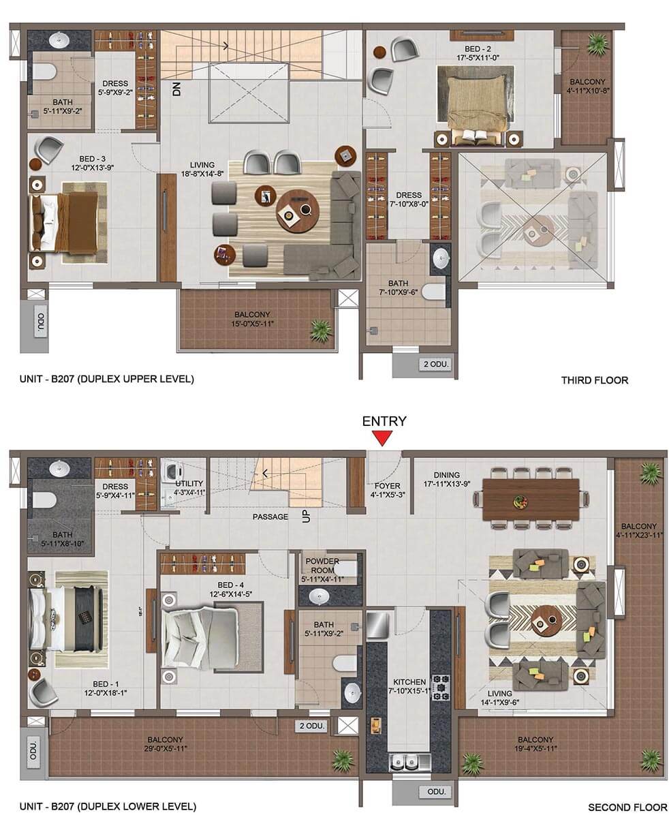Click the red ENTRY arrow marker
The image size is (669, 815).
383,438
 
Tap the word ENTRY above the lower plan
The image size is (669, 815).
384,421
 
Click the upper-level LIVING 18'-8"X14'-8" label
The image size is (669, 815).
202,170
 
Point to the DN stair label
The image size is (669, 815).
176,90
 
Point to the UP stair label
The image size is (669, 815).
306,517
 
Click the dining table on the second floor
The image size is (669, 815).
531,499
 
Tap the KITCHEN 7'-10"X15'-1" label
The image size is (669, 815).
409,686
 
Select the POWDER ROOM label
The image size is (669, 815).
322,566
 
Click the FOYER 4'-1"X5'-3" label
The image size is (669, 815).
387,491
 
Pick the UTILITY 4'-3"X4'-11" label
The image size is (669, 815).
189,487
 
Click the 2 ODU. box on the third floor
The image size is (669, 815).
435,364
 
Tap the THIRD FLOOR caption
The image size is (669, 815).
595,380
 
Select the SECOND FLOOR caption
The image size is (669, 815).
627,808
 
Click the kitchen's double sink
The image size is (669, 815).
410,763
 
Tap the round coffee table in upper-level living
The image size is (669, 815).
297,211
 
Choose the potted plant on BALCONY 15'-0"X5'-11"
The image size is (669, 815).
321,330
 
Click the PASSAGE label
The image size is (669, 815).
270,517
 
